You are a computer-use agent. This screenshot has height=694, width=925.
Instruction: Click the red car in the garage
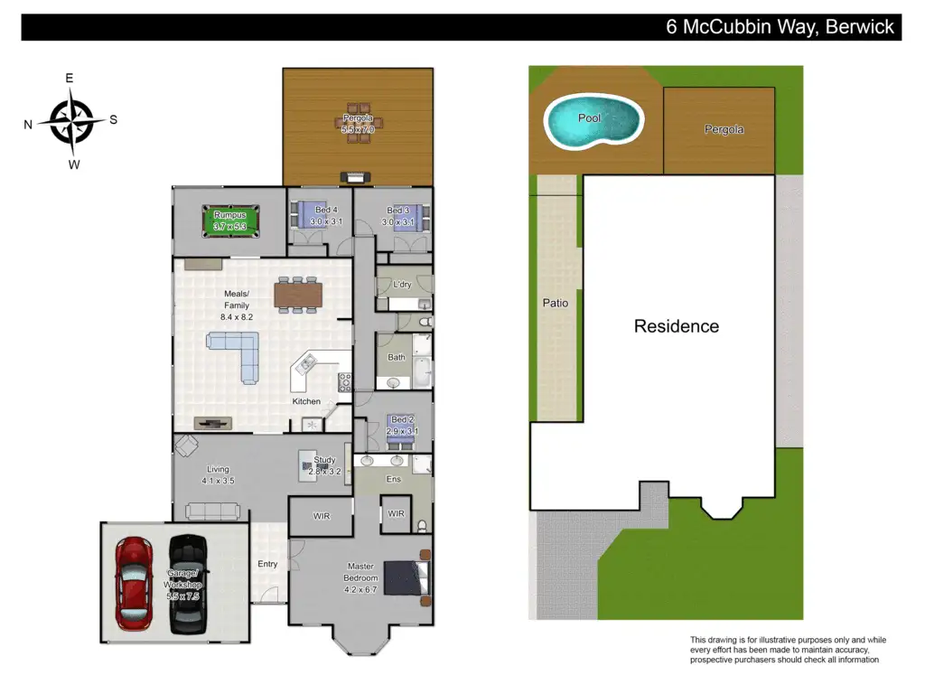(x=134, y=583)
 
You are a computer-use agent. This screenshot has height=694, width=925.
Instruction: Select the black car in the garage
(x=188, y=584)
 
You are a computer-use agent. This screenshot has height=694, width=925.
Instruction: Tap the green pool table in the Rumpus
(x=230, y=221)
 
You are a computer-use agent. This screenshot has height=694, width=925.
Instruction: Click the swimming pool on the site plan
(x=593, y=120)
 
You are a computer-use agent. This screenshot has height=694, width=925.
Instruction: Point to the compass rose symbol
(x=71, y=122)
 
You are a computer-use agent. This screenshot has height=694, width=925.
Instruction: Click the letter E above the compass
(x=70, y=78)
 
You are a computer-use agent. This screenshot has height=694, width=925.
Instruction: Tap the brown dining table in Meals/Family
(x=298, y=295)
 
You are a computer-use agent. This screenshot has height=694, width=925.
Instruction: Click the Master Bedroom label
(x=360, y=577)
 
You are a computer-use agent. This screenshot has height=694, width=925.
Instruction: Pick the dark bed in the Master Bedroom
(x=406, y=577)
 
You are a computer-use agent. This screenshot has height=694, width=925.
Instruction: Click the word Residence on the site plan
(x=676, y=326)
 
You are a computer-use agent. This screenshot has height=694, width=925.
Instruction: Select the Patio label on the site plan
(x=556, y=303)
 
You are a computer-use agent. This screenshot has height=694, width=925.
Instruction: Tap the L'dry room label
(x=402, y=285)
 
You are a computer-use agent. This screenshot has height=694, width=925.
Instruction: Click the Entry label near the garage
(x=267, y=564)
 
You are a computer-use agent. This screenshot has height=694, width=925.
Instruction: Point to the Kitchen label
(x=306, y=401)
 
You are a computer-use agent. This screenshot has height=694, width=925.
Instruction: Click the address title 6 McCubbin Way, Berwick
(x=780, y=27)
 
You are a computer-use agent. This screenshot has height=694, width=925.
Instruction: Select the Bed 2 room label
(x=402, y=419)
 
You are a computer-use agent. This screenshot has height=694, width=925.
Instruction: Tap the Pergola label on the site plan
(x=724, y=129)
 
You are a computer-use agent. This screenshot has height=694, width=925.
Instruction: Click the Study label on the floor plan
(x=324, y=460)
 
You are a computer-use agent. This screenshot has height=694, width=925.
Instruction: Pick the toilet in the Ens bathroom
(x=422, y=525)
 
